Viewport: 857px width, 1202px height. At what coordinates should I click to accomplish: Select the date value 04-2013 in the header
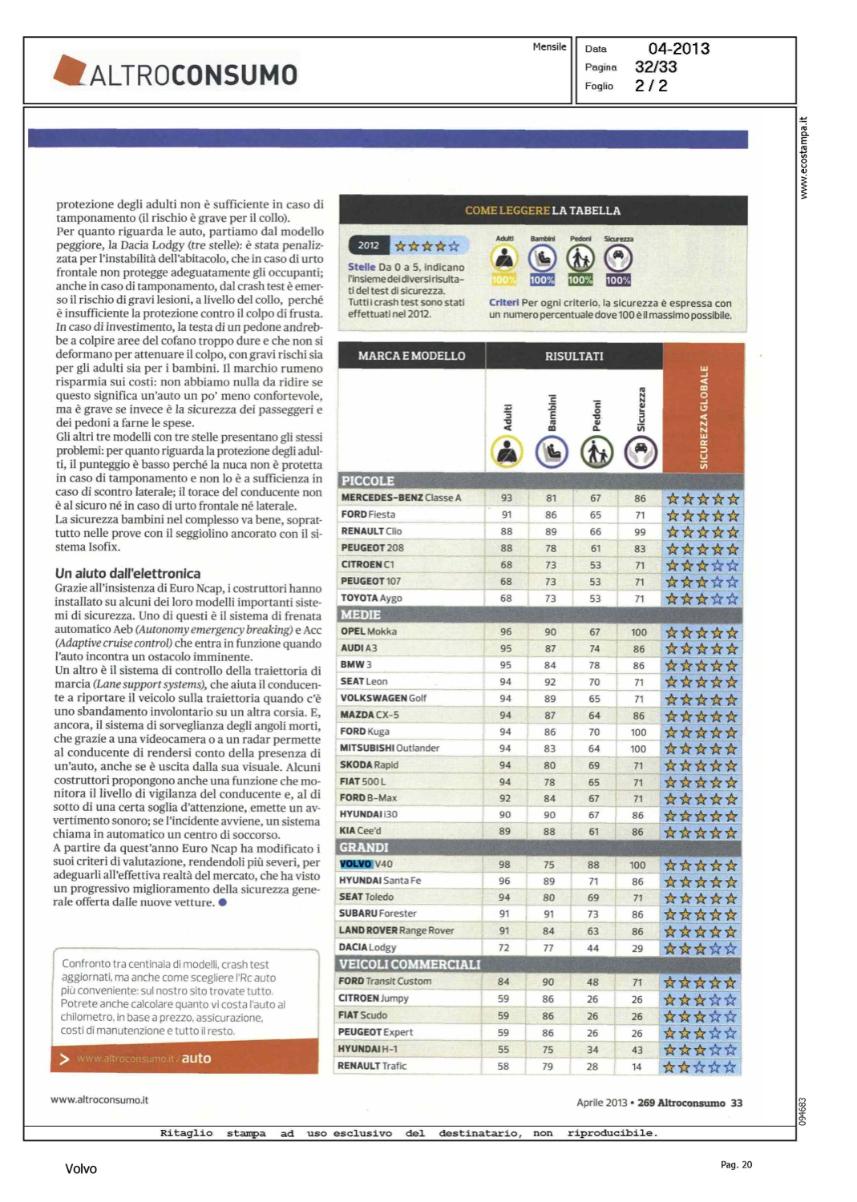[x=678, y=49]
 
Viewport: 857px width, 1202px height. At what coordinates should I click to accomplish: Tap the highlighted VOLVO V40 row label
[x=366, y=864]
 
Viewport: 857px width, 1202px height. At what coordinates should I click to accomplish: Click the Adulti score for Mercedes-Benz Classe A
[x=507, y=498]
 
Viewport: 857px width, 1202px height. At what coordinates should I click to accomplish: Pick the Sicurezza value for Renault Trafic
[x=637, y=1067]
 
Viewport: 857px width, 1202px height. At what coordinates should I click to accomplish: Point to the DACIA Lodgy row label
[x=368, y=947]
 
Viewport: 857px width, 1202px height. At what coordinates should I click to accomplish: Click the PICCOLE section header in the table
[x=368, y=481]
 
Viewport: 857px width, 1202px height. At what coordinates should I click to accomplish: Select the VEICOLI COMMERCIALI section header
[x=410, y=964]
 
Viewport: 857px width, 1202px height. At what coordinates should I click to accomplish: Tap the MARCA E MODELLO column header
[x=411, y=356]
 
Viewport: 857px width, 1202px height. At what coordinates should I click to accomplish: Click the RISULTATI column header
[x=574, y=356]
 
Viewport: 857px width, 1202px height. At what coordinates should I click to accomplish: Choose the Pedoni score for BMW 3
[x=594, y=665]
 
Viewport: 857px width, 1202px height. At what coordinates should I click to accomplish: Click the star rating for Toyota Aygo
[x=702, y=599]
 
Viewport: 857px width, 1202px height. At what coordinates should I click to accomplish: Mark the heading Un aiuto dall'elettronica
[x=127, y=573]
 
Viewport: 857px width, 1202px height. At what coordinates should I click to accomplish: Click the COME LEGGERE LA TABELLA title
[x=543, y=211]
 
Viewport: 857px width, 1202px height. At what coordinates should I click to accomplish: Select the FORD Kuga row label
[x=365, y=732]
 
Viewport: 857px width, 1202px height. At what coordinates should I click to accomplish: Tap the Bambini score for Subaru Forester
[x=548, y=914]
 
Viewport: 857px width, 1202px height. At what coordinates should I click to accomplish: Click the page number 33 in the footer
[x=737, y=1103]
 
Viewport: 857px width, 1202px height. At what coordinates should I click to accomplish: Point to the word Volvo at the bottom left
[x=81, y=1169]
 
